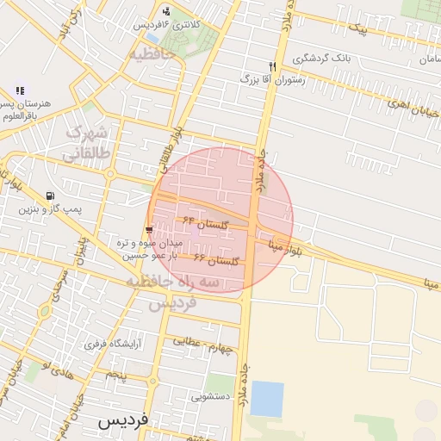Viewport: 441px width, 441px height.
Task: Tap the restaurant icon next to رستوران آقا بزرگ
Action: coord(272,66)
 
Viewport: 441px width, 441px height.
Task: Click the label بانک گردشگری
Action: coord(322,59)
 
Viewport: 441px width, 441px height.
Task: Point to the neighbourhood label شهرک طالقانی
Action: coord(87,143)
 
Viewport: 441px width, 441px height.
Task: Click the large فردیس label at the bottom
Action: coord(123,422)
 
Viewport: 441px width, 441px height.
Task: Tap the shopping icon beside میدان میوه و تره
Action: coord(150,229)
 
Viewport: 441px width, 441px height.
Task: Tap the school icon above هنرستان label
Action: coord(20,90)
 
